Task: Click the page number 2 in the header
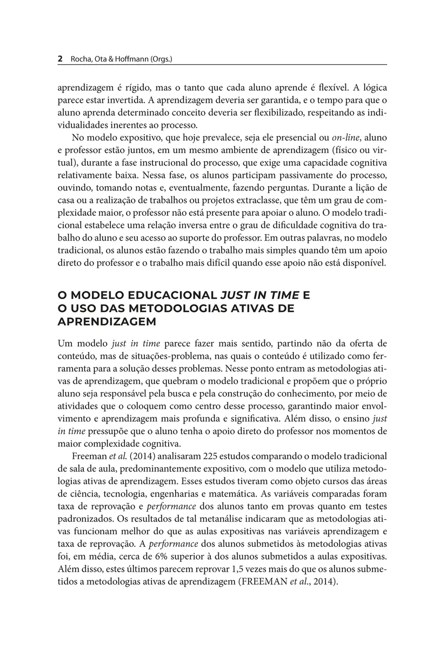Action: pos(59,58)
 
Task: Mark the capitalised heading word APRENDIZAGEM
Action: pos(107,322)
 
